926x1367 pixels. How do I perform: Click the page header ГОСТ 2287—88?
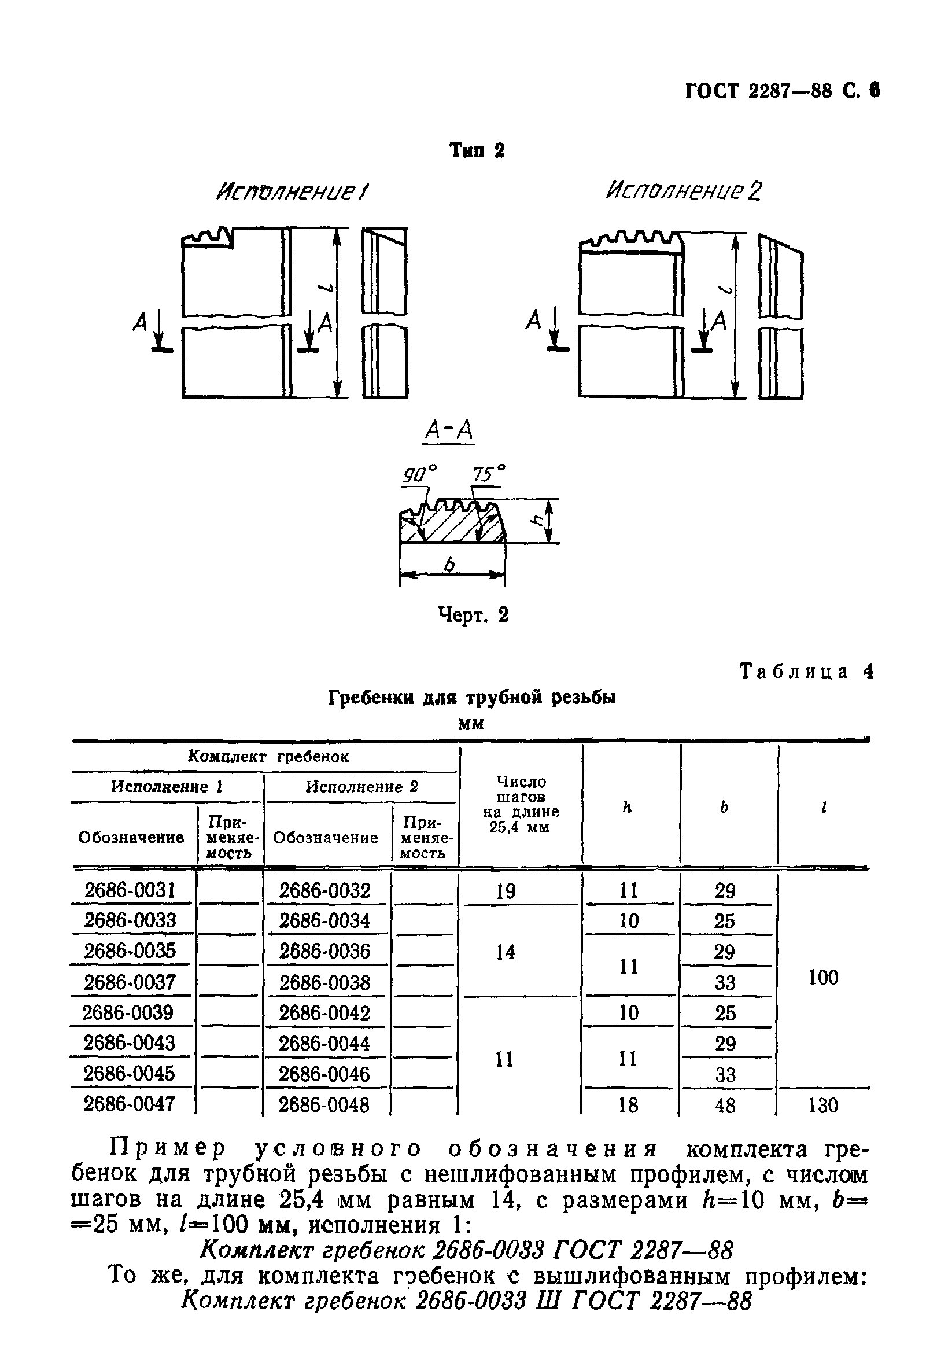point(759,92)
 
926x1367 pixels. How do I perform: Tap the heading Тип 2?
point(477,151)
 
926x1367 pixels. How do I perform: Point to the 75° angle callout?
point(489,474)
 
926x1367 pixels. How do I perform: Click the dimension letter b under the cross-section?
point(450,565)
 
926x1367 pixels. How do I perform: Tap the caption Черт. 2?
point(473,616)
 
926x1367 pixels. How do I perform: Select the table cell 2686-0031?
point(130,890)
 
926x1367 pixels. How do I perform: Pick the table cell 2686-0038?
point(324,982)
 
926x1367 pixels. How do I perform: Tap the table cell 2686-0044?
point(324,1044)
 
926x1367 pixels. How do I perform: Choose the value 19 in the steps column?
point(506,891)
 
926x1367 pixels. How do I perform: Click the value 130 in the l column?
point(822,1106)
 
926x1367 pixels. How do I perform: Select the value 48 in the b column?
point(725,1106)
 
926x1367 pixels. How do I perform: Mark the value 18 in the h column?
point(628,1106)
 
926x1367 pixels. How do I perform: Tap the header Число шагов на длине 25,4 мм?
point(521,804)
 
